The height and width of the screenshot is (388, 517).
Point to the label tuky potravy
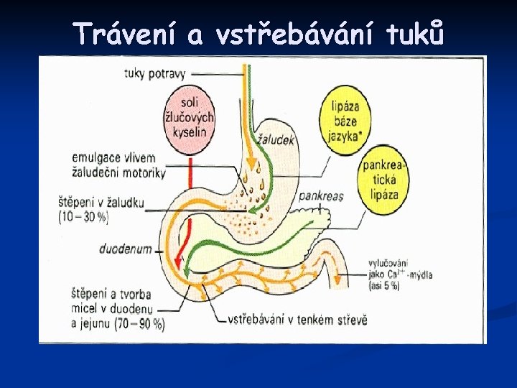155,73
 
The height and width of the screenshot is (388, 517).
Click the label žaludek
276,141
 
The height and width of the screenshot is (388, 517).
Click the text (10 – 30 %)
85,216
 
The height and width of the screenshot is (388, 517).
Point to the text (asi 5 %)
384,286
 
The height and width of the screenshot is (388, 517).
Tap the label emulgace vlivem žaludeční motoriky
118,165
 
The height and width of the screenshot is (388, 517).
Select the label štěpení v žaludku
102,203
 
